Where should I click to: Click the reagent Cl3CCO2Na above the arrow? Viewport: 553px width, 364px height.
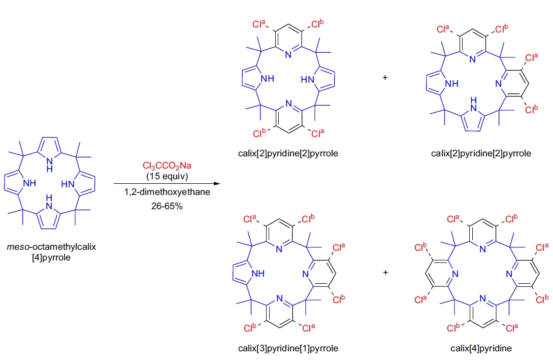pos(161,167)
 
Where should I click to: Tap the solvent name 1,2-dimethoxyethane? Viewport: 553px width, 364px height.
pos(161,192)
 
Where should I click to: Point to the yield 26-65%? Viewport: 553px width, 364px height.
pos(161,206)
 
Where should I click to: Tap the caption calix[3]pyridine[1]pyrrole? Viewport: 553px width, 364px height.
pos(287,348)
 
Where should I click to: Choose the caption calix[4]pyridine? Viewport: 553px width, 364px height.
pos(480,348)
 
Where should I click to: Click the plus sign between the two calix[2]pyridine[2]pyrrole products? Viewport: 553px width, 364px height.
pos(385,78)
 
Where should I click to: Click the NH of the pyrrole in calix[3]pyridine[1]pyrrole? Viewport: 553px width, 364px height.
pos(258,274)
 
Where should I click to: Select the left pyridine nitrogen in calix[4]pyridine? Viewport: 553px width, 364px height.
pos(455,274)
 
